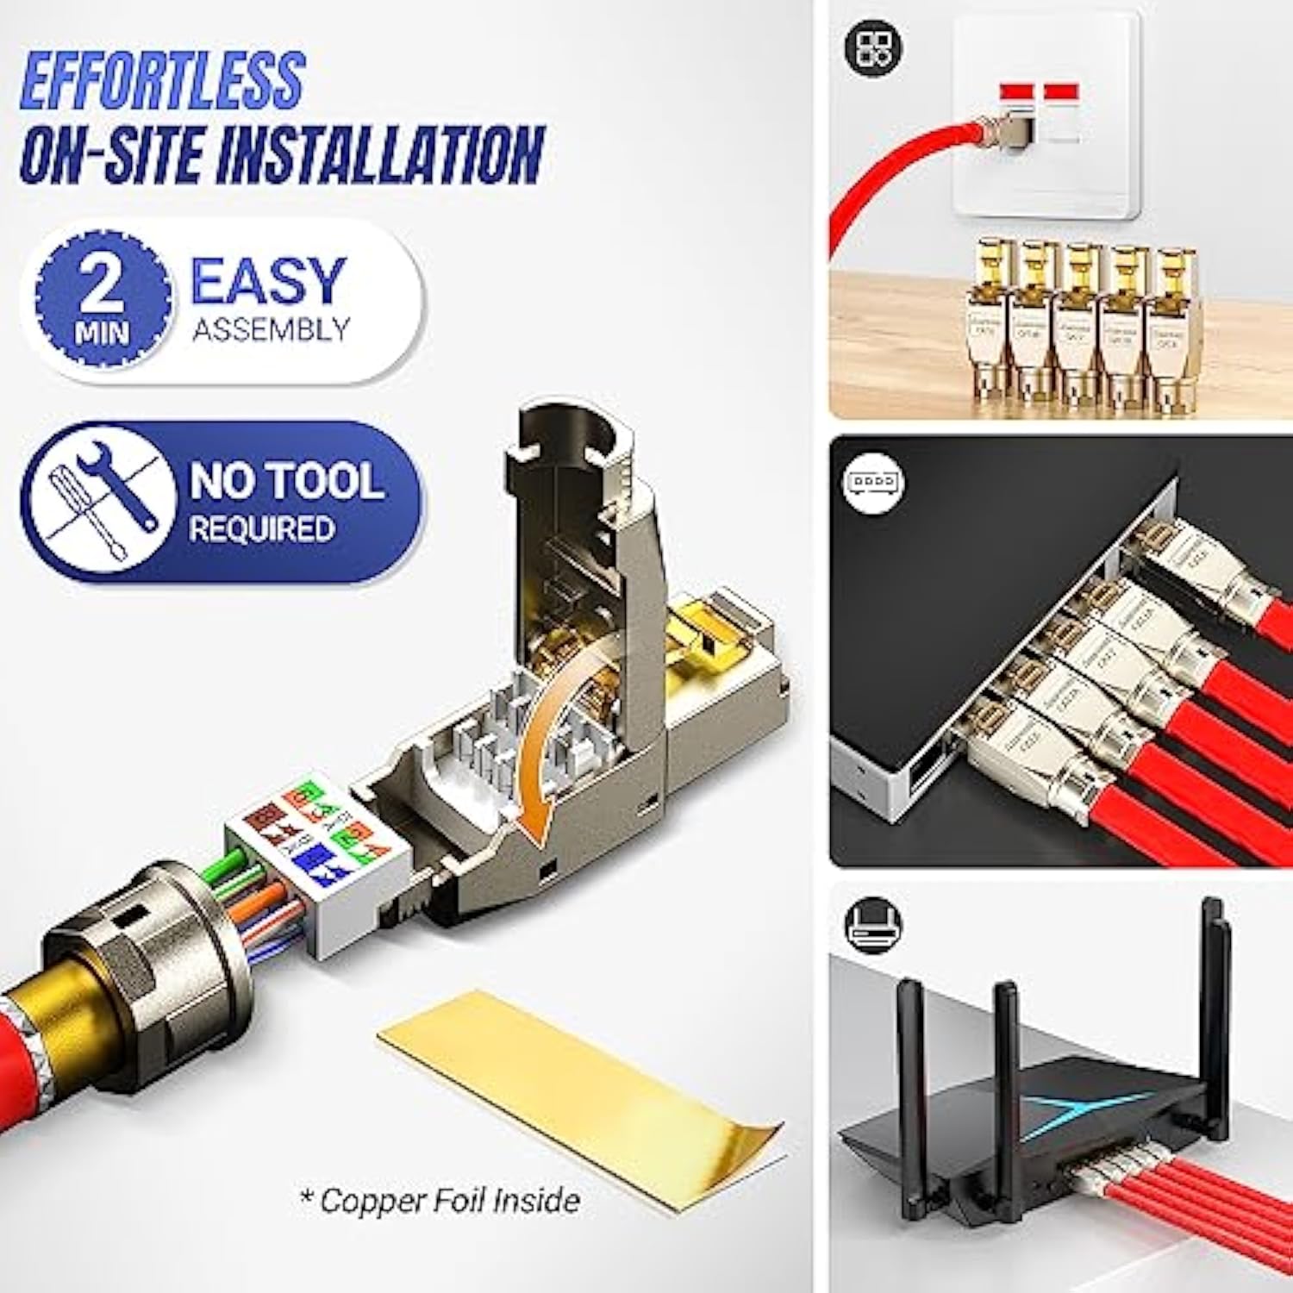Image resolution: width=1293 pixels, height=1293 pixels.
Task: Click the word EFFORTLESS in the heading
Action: click(x=162, y=80)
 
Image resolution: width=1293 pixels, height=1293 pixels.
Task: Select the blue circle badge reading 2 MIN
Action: click(x=103, y=297)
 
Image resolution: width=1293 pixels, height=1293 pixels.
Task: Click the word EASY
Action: click(x=268, y=280)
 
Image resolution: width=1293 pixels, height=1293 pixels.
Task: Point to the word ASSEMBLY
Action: click(x=271, y=329)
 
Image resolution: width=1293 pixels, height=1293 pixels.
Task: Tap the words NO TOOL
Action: click(x=286, y=480)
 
